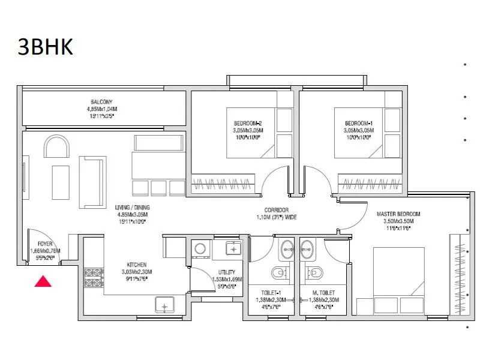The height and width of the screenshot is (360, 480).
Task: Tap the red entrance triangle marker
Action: click(42, 280)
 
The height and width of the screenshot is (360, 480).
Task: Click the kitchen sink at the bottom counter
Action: click(164, 305)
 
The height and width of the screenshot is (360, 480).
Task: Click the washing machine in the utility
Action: click(199, 248)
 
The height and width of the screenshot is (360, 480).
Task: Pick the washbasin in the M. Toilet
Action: click(308, 246)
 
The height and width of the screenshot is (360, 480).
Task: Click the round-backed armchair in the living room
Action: click(59, 147)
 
